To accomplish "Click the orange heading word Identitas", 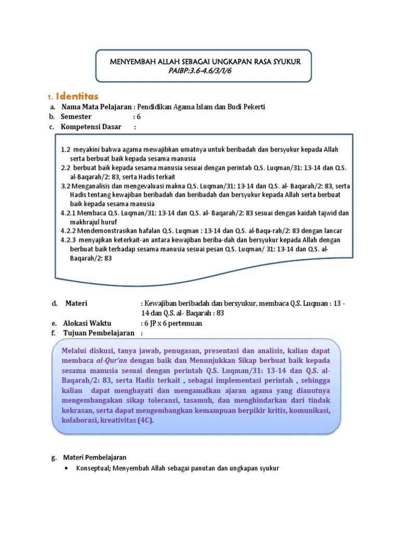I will pos(77,96).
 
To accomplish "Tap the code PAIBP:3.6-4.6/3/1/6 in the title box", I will pos(199,71).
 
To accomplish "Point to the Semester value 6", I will pos(139,117).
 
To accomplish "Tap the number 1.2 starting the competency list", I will pos(65,149).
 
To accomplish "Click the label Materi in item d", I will pos(76,303).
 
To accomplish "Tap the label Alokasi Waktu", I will pos(87,323).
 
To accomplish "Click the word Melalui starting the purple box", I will pos(74,350).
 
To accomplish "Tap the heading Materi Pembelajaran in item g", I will pos(95,458).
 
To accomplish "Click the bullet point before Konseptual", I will pos(68,468).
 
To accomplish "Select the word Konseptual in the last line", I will pos(92,468).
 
